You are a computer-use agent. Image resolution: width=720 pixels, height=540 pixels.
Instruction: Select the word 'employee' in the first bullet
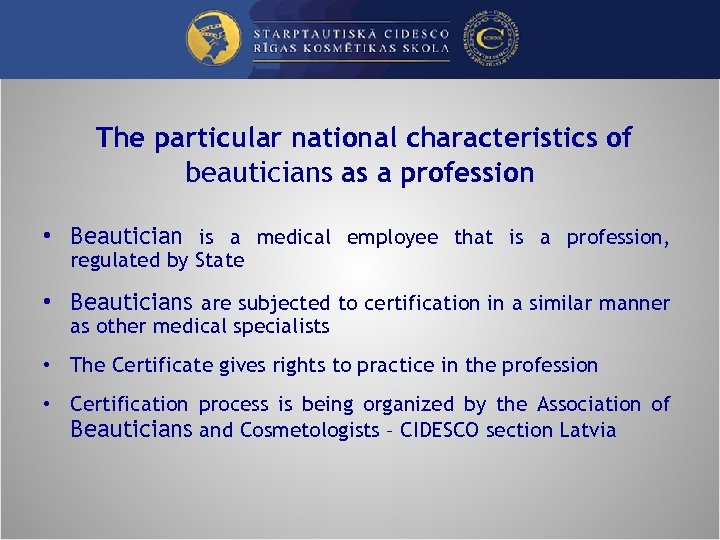392,238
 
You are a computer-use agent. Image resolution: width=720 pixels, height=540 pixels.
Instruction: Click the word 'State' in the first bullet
221,261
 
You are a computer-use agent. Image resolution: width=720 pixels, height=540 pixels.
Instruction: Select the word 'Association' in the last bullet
590,405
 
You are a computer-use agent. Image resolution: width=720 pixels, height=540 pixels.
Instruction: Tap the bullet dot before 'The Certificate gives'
46,366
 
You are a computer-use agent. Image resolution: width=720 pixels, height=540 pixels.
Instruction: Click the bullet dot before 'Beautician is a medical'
46,238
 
